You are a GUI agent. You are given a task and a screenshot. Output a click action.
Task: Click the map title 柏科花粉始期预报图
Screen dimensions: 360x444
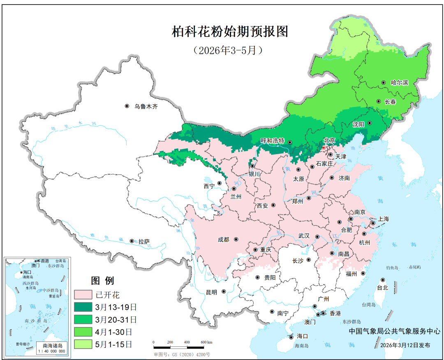click(230, 32)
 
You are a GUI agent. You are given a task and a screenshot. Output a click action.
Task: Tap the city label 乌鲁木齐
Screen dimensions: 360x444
click(146, 106)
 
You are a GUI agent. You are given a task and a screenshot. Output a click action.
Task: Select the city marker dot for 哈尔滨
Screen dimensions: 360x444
click(383, 83)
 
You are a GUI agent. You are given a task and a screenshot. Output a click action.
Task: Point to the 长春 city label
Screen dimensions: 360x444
click(390, 102)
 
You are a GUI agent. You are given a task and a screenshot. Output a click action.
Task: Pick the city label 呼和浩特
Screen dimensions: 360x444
click(273, 141)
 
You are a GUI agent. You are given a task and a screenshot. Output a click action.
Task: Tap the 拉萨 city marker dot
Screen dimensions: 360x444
click(132, 241)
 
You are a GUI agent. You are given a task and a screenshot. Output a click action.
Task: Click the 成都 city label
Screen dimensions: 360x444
click(224, 240)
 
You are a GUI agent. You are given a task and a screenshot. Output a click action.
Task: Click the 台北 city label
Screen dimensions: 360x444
click(383, 288)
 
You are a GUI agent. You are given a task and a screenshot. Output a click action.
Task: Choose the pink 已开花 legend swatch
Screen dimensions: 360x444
click(83, 295)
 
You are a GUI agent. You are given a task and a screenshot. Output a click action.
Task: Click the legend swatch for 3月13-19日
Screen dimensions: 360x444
click(83, 307)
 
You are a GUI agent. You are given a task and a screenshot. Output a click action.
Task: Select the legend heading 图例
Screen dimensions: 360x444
click(102, 281)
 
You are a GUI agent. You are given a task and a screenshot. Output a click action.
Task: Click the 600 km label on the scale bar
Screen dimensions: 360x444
click(206, 342)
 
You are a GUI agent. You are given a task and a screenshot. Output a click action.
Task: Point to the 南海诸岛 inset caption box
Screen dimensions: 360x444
click(51, 348)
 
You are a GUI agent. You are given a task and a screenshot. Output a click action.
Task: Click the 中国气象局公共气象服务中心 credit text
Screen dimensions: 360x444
click(394, 331)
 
